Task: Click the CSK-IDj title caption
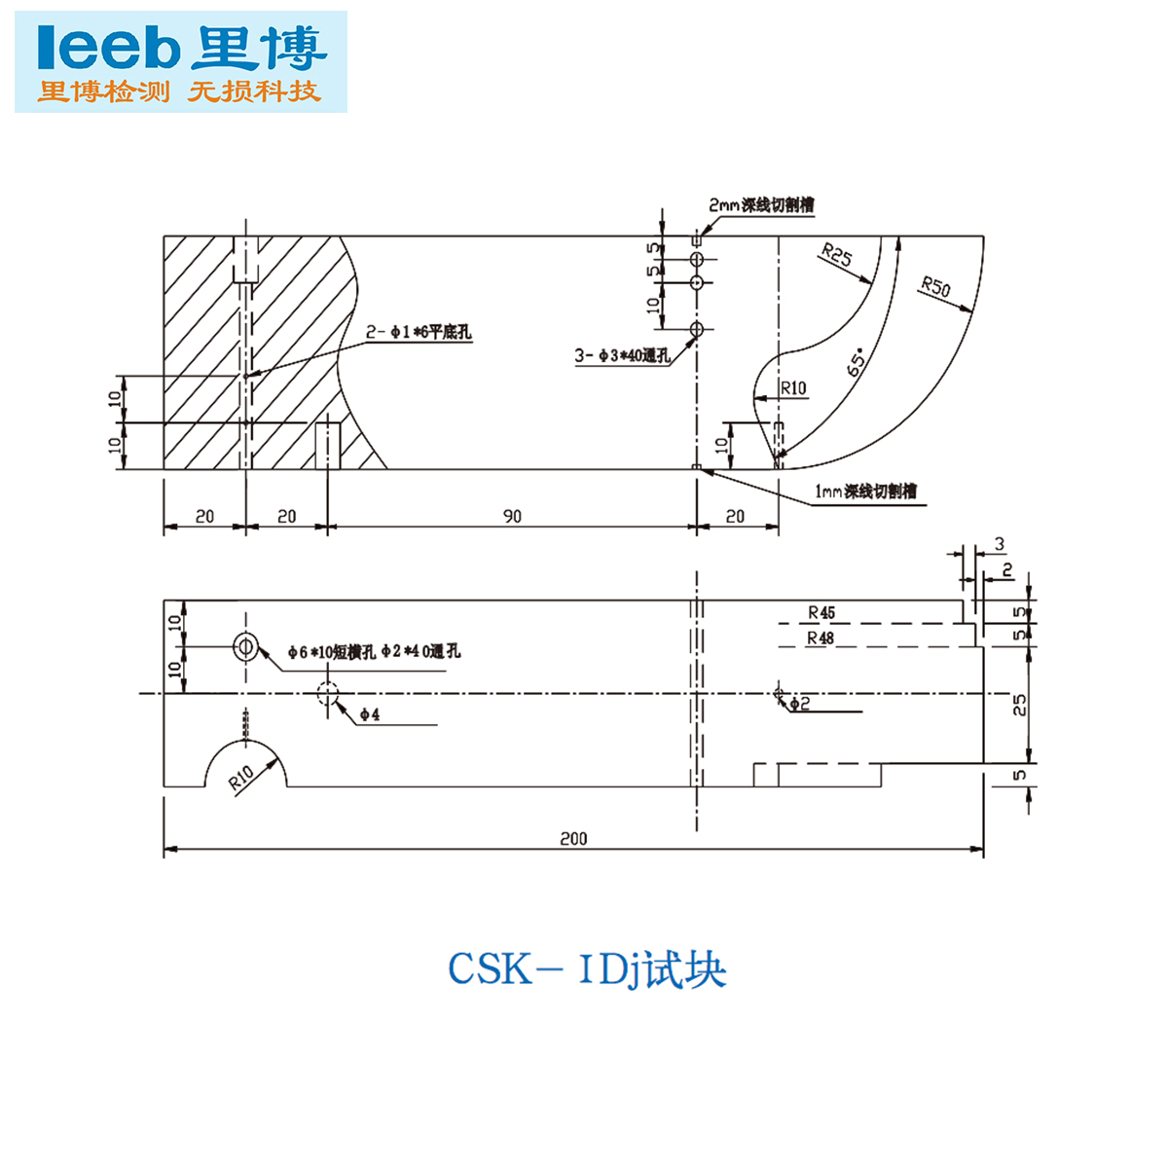[587, 969]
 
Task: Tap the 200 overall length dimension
[573, 838]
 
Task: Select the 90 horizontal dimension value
[512, 516]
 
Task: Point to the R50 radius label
[935, 287]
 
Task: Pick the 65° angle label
[857, 363]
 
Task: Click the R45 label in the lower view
[821, 612]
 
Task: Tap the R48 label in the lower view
[821, 638]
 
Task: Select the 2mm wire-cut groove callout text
[761, 205]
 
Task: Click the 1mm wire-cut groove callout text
[865, 492]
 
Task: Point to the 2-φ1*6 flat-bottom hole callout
[419, 333]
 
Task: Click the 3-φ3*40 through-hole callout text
[622, 355]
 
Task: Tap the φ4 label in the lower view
[369, 714]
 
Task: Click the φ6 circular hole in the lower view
[245, 645]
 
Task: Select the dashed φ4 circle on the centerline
[328, 694]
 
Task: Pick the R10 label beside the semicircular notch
[240, 777]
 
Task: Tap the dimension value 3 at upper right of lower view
[999, 544]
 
